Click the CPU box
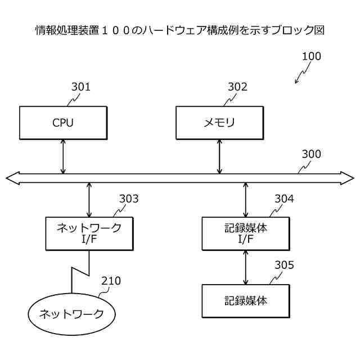[x=63, y=123]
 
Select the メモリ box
[x=219, y=123]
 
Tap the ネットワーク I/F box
[x=89, y=233]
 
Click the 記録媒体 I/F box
[x=245, y=233]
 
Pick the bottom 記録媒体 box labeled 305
[x=245, y=300]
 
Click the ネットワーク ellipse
[x=71, y=314]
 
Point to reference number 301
[x=80, y=87]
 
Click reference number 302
[x=237, y=87]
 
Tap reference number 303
[x=128, y=199]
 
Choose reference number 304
[x=284, y=199]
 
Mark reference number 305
[x=284, y=265]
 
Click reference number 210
[x=111, y=281]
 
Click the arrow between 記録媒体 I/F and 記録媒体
[x=245, y=267]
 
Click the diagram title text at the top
[x=180, y=29]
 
